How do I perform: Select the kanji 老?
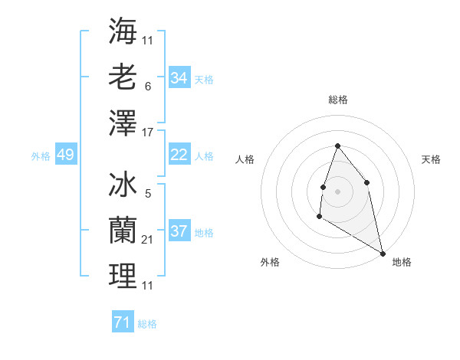(123, 77)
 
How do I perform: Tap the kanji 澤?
(123, 123)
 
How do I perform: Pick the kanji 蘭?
(123, 231)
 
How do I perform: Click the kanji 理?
(123, 277)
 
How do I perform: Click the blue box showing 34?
(179, 78)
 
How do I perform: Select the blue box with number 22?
(179, 155)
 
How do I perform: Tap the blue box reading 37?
(179, 231)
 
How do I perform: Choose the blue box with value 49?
(65, 155)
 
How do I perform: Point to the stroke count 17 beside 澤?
(148, 132)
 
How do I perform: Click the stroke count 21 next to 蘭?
(148, 240)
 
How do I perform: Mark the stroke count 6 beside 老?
(147, 87)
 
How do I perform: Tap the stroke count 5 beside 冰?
(147, 194)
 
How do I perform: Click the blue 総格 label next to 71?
(147, 324)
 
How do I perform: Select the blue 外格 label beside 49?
(41, 156)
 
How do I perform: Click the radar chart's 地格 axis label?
(402, 262)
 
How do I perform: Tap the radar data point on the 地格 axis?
(383, 254)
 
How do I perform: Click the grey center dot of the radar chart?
(337, 191)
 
